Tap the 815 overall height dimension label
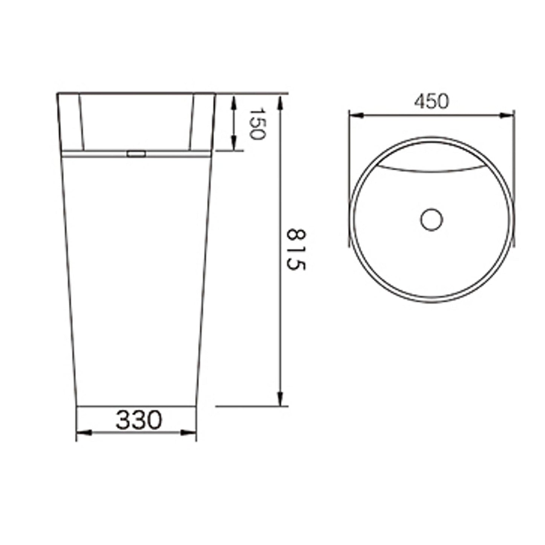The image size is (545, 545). [x=296, y=249]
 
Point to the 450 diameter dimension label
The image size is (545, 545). [x=431, y=101]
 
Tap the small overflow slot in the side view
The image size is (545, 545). [x=136, y=154]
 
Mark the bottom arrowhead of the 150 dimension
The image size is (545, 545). [x=234, y=143]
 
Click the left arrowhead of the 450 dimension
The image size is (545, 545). [x=356, y=115]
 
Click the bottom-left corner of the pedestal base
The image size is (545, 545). [x=77, y=406]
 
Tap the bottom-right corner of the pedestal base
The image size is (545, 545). [x=196, y=406]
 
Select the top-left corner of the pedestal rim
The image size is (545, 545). [x=57, y=93]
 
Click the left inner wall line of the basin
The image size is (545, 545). [x=81, y=123]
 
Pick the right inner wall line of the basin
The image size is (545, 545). [x=191, y=123]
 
